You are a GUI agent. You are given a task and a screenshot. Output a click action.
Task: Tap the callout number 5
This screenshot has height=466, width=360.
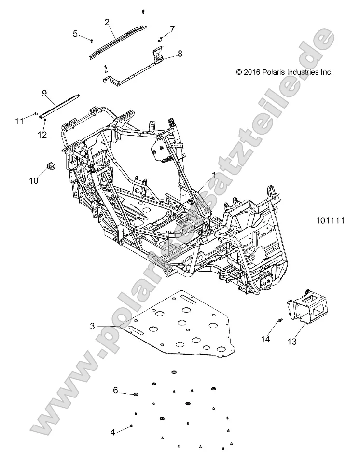tap(75, 33)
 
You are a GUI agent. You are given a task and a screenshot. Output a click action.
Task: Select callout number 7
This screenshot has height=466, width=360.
tap(173, 29)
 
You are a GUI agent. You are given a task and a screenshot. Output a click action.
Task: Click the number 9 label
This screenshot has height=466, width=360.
tap(44, 93)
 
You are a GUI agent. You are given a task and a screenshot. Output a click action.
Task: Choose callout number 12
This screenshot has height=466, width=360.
tap(42, 135)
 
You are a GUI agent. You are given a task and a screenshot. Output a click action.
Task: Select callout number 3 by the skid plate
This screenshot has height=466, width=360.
tap(93, 326)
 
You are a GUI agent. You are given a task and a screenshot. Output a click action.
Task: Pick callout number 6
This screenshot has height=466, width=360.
tap(116, 390)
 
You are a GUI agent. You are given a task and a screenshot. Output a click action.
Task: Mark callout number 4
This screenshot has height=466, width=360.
tap(113, 432)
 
